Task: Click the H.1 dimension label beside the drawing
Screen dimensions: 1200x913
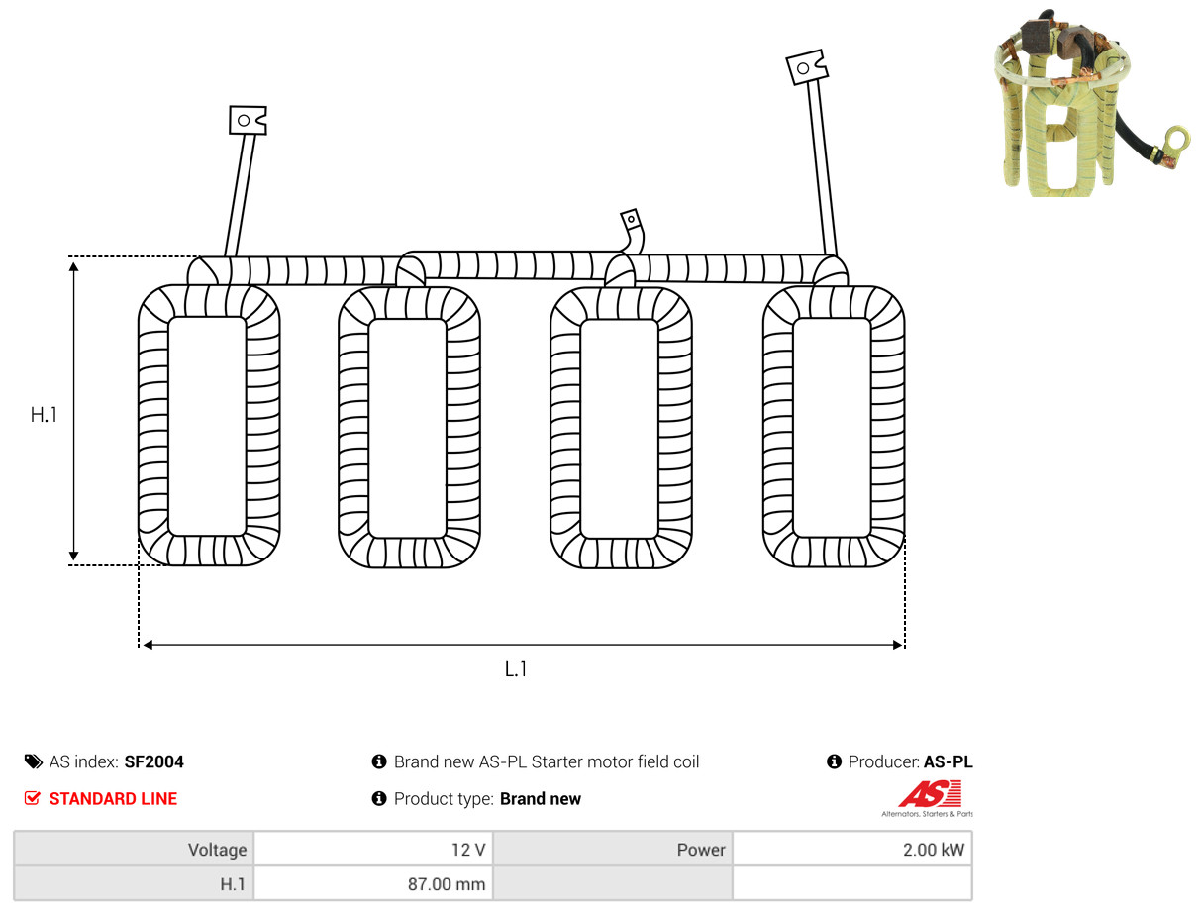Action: [44, 415]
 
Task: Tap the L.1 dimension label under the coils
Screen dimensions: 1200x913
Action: [515, 669]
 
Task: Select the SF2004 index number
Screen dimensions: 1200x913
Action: [154, 761]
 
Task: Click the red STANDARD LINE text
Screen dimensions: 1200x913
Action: [113, 799]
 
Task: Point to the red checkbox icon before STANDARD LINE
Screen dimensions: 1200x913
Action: [33, 798]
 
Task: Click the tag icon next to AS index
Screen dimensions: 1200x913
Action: [33, 761]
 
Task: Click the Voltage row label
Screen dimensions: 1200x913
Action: [217, 850]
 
